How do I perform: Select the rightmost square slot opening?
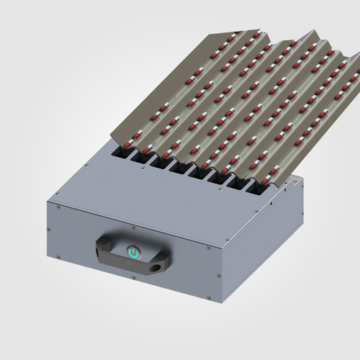pos(257,188)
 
